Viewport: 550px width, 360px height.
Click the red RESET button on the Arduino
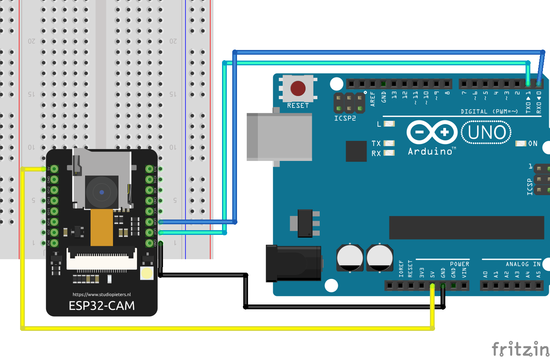click(298, 89)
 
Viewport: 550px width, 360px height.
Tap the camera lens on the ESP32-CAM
click(102, 192)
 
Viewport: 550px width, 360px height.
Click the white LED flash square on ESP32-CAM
click(147, 273)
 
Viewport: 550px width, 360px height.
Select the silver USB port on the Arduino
click(279, 137)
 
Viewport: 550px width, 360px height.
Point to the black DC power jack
click(293, 263)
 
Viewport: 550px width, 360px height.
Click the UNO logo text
click(487, 133)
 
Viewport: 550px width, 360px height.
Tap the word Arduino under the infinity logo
click(430, 151)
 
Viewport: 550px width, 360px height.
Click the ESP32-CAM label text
click(102, 306)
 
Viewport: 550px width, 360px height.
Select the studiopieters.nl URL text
click(102, 294)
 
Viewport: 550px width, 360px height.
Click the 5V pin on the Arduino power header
click(432, 285)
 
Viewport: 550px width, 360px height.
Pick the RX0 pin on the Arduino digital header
click(538, 84)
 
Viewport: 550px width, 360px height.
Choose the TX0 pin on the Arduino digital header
click(528, 84)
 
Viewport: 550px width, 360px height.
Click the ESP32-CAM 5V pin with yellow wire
click(54, 169)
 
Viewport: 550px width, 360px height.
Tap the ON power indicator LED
click(521, 144)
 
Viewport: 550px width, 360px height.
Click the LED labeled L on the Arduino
click(389, 124)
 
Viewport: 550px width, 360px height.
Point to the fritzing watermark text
click(520, 349)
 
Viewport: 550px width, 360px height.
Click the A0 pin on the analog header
click(485, 285)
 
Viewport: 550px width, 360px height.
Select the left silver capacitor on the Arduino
click(350, 258)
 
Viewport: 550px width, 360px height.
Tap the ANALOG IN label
click(523, 264)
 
